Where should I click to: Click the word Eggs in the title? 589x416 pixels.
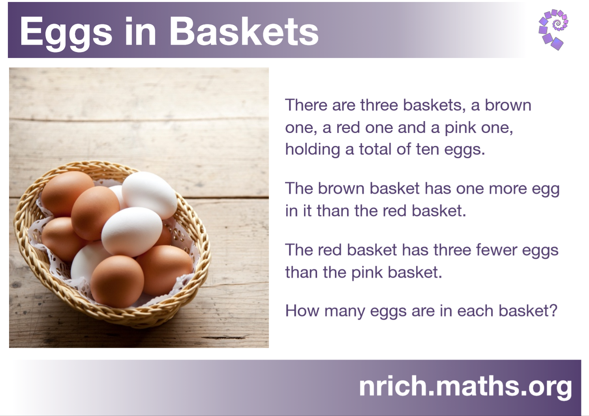[x=66, y=32]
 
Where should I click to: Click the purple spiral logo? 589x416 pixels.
[x=553, y=30]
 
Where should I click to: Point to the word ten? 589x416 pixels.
[x=428, y=149]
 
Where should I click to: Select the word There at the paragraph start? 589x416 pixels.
[x=306, y=105]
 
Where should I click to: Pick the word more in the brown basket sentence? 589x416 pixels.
[x=508, y=189]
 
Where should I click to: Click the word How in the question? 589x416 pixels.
[x=302, y=311]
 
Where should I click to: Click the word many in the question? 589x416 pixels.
[x=345, y=312]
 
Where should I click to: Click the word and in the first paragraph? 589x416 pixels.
[x=411, y=128]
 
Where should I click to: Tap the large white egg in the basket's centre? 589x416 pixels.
[x=131, y=232]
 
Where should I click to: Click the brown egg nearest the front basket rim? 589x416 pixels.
[x=117, y=282]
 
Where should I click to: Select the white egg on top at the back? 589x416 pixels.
[x=149, y=195]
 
